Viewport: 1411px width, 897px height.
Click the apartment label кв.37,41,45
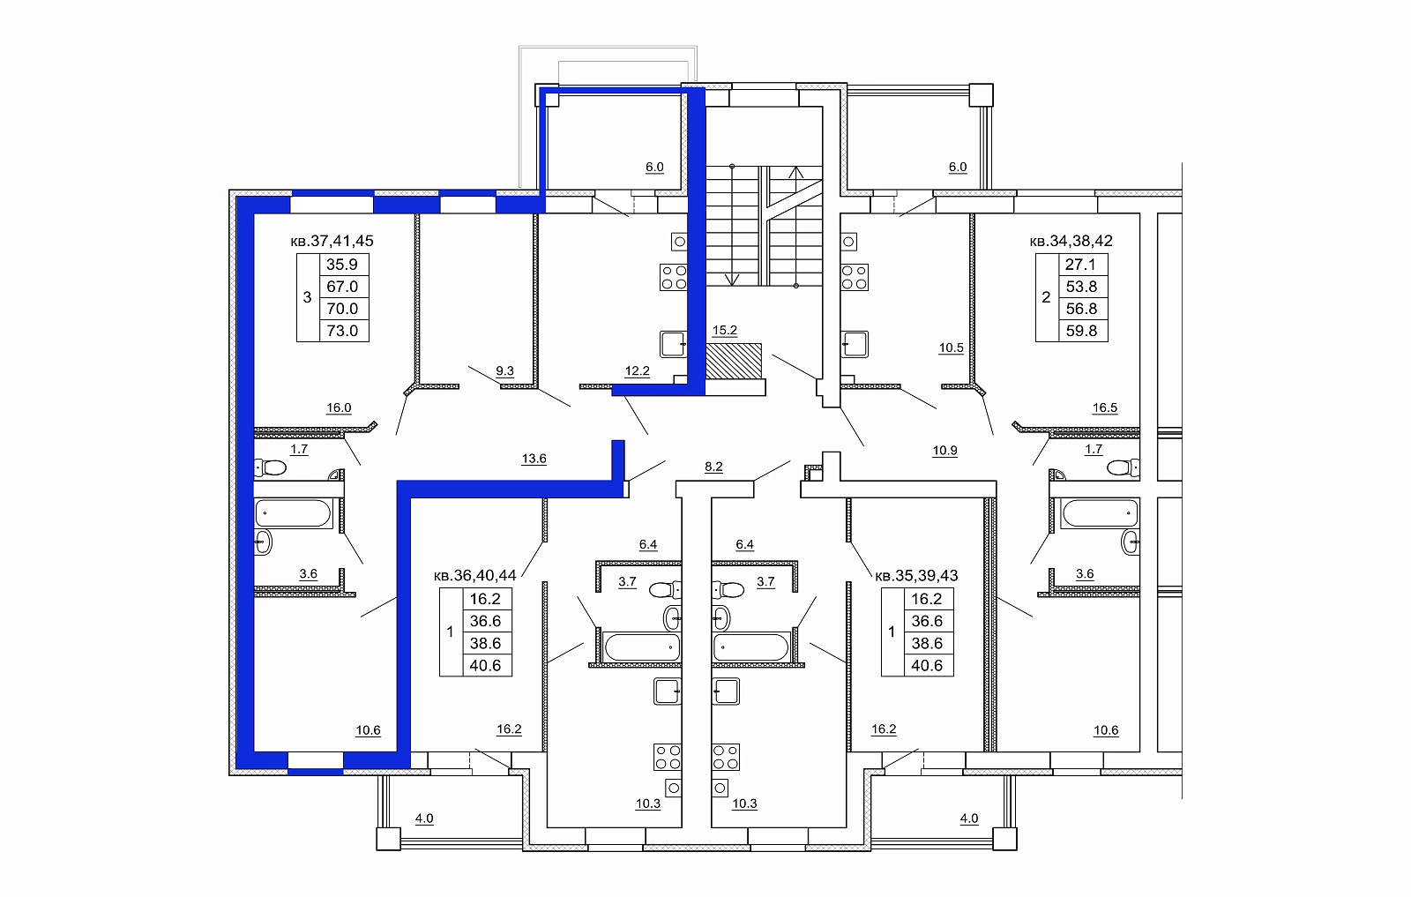[332, 241]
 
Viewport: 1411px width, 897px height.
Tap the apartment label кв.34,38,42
[1071, 241]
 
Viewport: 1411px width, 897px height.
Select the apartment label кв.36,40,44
[475, 575]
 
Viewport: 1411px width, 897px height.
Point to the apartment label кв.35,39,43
[916, 575]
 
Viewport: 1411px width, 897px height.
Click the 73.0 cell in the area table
[342, 331]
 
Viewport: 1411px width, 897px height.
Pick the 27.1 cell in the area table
[1080, 265]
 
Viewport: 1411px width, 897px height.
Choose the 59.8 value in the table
[1081, 331]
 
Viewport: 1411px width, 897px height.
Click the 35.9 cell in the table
[342, 265]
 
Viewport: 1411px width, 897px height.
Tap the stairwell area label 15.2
[724, 330]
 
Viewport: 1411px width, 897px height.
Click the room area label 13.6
[534, 459]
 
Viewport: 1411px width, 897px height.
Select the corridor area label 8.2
[713, 467]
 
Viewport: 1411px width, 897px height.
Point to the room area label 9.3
[504, 371]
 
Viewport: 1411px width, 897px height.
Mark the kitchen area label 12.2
[637, 371]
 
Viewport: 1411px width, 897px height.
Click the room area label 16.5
[1105, 407]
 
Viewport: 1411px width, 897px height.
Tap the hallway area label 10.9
[944, 451]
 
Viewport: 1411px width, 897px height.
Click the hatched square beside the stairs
[733, 361]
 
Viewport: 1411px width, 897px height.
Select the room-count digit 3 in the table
[308, 297]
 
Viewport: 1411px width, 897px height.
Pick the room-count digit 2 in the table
[1046, 297]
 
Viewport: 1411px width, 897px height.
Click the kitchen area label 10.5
[952, 348]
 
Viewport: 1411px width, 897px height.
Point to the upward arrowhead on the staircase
[796, 171]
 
